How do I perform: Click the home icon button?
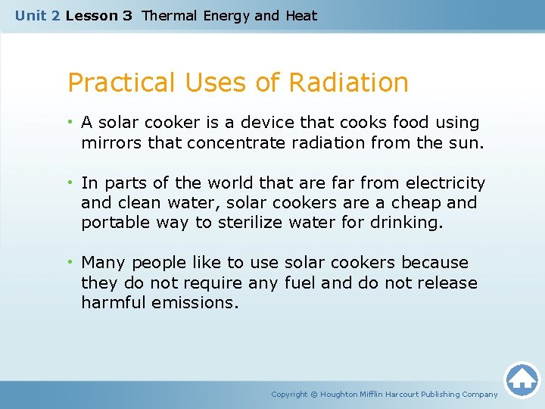(522, 379)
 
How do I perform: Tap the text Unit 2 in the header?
(38, 16)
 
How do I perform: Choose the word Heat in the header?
(301, 16)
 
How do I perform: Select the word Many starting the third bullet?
(103, 263)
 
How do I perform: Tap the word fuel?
(298, 283)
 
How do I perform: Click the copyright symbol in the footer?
(314, 394)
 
